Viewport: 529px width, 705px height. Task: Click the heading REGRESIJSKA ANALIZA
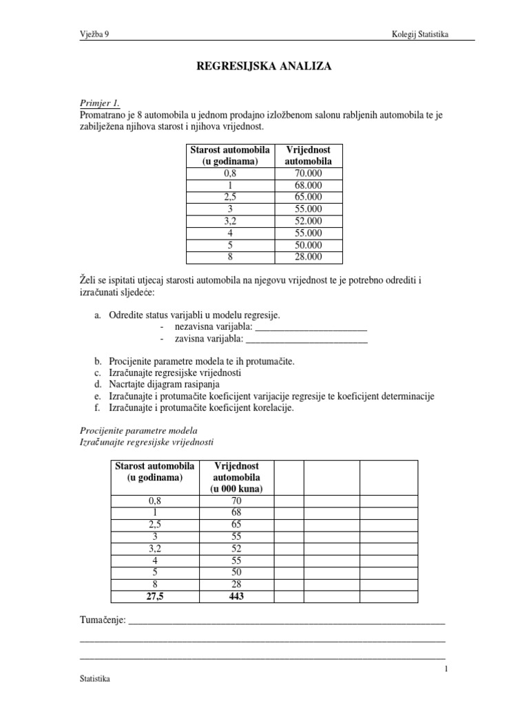(264, 67)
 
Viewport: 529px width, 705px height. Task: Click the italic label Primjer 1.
(100, 103)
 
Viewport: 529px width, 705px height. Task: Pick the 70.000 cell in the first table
(307, 174)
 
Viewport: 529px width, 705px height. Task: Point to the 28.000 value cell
(307, 257)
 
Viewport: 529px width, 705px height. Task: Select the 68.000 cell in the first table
(307, 186)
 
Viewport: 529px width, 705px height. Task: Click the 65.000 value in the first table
(307, 198)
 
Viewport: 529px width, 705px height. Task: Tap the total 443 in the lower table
(236, 596)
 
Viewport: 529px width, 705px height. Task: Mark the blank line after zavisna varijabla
(307, 339)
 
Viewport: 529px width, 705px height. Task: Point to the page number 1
(446, 669)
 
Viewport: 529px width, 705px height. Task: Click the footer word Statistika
(95, 679)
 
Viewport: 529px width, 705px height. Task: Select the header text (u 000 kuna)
(236, 489)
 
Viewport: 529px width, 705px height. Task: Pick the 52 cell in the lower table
(236, 548)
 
